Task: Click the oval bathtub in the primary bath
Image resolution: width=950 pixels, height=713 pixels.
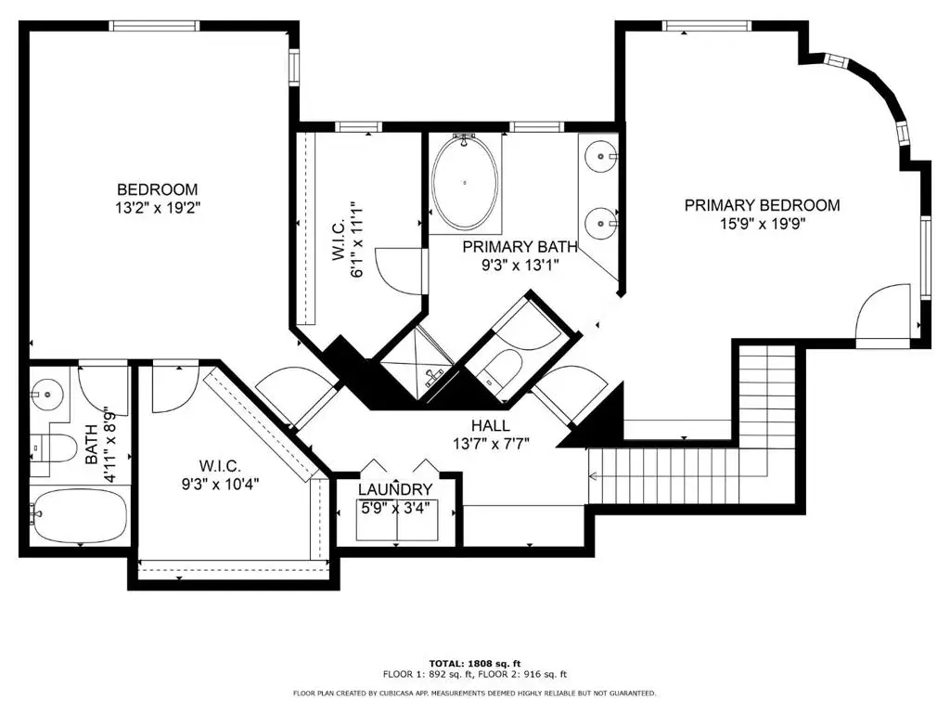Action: pos(465,183)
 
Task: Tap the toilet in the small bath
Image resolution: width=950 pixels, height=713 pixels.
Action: pos(54,448)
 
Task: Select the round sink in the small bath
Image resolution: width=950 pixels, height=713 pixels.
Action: pos(47,394)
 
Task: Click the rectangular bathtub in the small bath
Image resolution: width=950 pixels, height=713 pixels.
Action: pos(80,516)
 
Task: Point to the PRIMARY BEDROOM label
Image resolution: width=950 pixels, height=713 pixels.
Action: pos(763,205)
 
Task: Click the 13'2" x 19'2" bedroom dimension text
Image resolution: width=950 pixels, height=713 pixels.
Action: pos(158,208)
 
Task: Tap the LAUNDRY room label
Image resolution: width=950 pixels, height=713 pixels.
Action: pos(395,489)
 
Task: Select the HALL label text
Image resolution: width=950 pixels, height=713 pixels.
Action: pos(491,425)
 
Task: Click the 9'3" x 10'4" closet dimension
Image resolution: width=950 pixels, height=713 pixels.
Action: pos(221,484)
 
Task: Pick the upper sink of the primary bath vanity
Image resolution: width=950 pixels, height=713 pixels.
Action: pos(600,156)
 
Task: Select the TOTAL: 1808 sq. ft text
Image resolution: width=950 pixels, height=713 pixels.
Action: pos(475,663)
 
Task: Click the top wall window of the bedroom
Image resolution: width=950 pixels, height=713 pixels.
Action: pos(154,25)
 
